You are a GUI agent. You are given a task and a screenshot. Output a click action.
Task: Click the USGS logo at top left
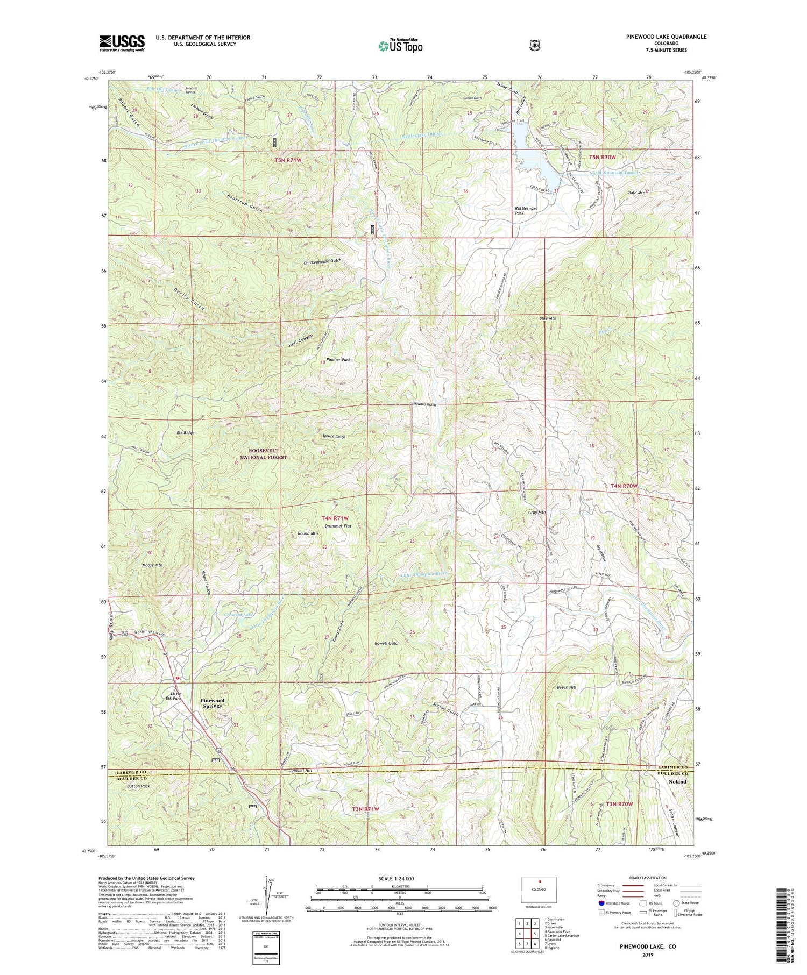coord(122,43)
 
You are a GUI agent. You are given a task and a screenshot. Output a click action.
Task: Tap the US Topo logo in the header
coord(400,46)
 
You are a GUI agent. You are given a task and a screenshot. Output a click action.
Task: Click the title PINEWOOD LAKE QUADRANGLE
coord(666,37)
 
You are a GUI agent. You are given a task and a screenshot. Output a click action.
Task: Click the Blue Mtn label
coord(547,318)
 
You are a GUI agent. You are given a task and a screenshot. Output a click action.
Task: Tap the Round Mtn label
coord(308,533)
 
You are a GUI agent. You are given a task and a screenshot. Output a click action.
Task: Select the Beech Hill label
coord(566,687)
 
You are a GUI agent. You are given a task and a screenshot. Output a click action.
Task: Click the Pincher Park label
coord(338,359)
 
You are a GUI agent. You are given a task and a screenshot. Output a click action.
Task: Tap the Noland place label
coord(677,781)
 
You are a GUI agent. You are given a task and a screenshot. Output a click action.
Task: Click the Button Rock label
coord(138,786)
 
